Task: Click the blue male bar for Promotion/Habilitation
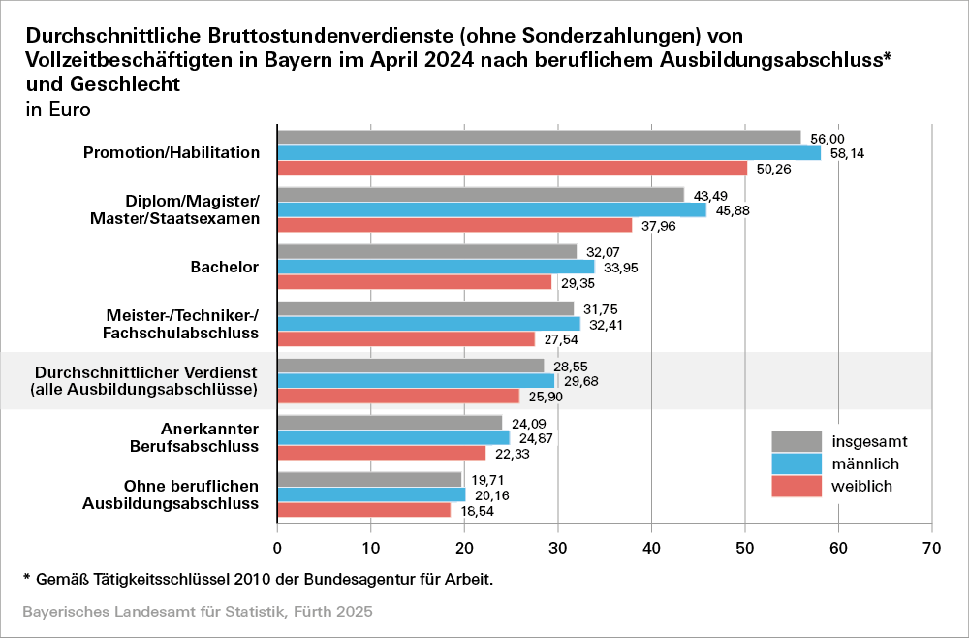[548, 153]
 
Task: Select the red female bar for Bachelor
[415, 282]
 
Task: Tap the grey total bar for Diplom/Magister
[481, 194]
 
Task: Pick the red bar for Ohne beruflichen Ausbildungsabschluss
[364, 510]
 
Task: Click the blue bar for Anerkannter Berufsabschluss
[393, 437]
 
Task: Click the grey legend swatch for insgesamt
[797, 441]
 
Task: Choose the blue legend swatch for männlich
[797, 463]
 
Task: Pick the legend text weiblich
[862, 486]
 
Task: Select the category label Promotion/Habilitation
[172, 153]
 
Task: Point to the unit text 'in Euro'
[58, 110]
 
